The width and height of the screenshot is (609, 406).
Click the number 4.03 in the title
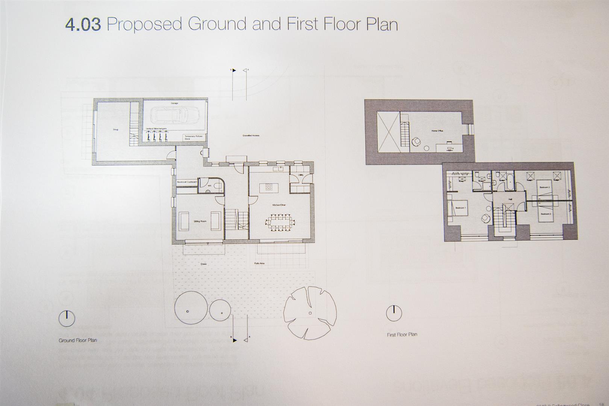coord(83,25)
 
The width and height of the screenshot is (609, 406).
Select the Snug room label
coord(115,130)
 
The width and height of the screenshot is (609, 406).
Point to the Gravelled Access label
coord(250,135)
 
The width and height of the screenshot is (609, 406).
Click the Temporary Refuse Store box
coord(192,138)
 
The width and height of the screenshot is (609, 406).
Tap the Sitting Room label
coord(200,221)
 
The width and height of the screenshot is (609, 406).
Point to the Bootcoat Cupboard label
coord(187,182)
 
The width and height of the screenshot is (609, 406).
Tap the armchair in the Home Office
coord(416,142)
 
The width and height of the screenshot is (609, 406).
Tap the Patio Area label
coord(259,264)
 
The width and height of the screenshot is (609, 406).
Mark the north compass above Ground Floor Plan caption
coord(67,319)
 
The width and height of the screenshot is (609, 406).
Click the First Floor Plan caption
coord(402,335)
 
